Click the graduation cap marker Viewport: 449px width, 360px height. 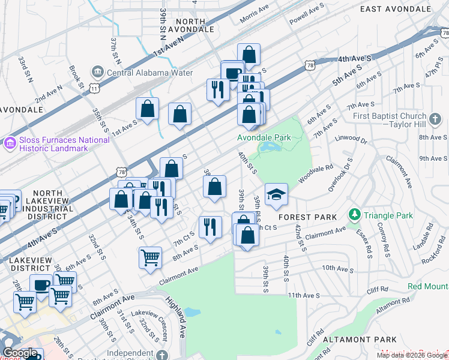coord(276,194)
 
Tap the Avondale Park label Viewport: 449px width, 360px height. coord(264,137)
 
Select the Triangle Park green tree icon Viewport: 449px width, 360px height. coord(355,215)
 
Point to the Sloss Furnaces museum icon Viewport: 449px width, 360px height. coord(10,144)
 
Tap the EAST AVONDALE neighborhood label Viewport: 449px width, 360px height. coord(396,8)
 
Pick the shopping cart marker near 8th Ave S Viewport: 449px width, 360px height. coord(150,258)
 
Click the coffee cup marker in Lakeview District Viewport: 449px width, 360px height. coord(41,286)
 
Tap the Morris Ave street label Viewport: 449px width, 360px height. coord(255,15)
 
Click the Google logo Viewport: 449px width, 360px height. coord(20,353)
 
